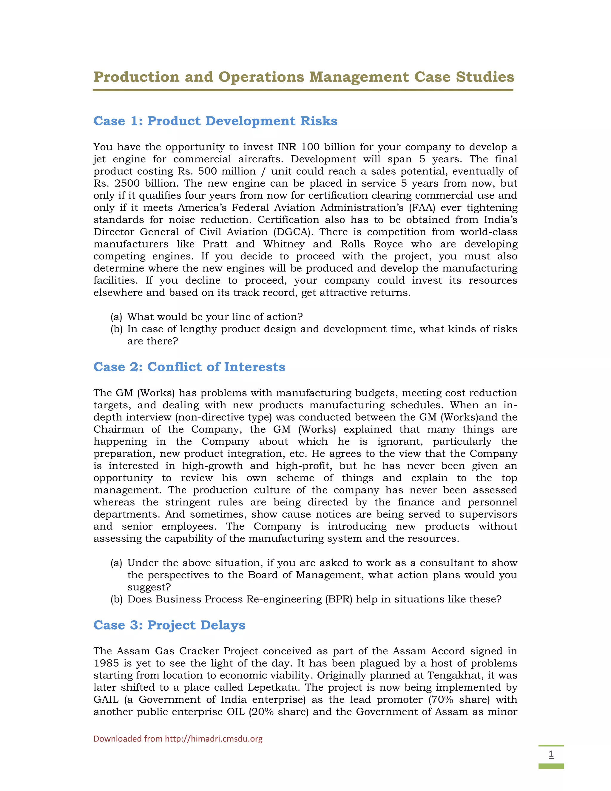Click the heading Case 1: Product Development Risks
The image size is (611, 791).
[215, 121]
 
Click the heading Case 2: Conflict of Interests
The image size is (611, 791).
[189, 367]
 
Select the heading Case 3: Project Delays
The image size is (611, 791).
[169, 625]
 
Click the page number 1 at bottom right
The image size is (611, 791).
[551, 754]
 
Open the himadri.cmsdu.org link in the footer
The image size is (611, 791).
[214, 739]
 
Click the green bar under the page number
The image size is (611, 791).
[551, 766]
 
